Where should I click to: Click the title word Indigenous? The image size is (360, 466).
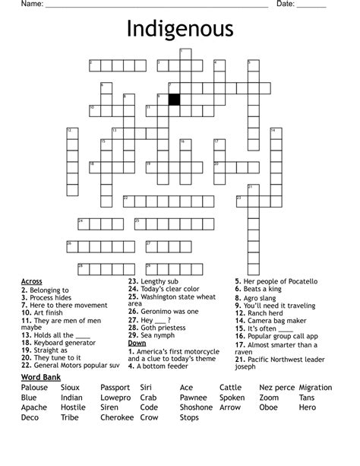179,30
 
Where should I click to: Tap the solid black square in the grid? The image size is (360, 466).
174,100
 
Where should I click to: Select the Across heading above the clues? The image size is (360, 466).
32,281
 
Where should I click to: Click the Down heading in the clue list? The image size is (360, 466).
137,343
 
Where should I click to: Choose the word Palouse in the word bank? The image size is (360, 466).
35,388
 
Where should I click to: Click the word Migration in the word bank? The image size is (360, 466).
316,388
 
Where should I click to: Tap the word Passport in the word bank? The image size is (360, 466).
115,388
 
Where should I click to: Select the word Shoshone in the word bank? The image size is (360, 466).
196,407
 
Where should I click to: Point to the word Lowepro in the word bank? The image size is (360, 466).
115,398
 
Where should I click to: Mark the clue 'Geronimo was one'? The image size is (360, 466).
163,312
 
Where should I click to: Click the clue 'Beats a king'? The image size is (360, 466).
262,290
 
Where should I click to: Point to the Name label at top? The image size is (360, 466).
30,5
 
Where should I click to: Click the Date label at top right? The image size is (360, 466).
286,5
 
